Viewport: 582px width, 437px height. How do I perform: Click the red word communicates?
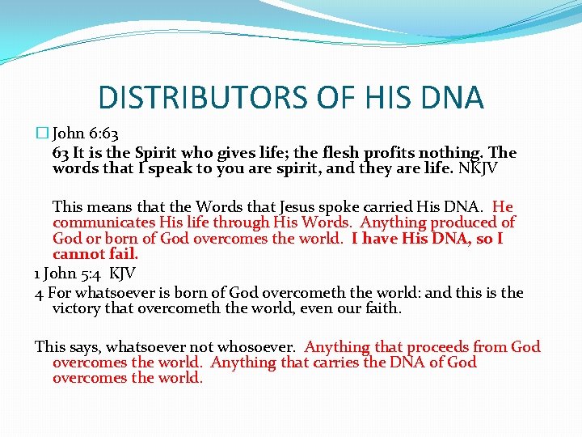99,223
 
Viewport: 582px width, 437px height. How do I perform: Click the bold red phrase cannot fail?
91,253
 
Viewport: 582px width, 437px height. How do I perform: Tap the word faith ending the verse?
383,308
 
